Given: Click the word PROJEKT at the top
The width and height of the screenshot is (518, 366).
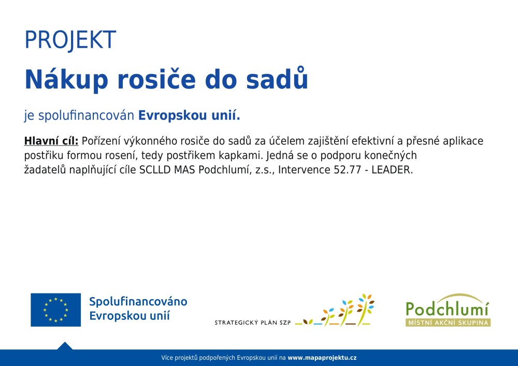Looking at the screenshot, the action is click(x=70, y=40).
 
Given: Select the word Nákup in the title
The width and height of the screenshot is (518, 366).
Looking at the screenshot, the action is click(x=66, y=80).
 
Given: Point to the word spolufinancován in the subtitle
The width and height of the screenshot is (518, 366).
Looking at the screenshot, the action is click(x=86, y=115).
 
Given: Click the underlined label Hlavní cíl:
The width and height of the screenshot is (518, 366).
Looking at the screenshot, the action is click(x=51, y=141).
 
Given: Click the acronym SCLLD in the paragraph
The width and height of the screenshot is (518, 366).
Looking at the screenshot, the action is click(x=155, y=170).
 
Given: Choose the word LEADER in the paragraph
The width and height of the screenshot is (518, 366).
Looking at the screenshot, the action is click(x=391, y=170).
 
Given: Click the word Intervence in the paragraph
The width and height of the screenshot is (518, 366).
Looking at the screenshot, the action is click(x=304, y=170).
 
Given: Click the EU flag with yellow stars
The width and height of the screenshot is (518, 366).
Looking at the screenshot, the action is click(x=55, y=310).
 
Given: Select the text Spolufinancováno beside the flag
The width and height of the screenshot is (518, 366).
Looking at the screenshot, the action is click(x=138, y=301).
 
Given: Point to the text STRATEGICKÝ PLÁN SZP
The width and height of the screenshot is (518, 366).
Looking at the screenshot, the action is click(x=252, y=323).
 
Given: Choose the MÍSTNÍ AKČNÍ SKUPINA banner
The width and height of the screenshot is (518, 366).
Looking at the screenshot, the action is click(x=448, y=323).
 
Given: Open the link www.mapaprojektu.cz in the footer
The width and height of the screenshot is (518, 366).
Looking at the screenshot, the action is click(x=322, y=358).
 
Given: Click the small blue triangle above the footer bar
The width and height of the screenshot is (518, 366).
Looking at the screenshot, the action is click(x=65, y=346).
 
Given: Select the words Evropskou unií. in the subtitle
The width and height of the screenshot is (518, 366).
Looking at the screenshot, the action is click(x=189, y=115).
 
